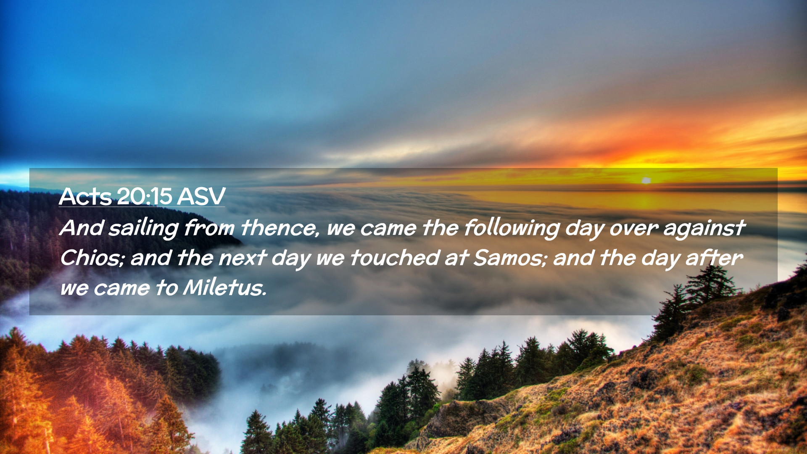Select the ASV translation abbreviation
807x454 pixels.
[201, 196]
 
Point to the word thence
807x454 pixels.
[279, 228]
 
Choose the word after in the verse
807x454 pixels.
[714, 258]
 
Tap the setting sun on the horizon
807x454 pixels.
[646, 180]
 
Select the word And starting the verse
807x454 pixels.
[82, 228]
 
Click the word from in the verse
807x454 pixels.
[209, 228]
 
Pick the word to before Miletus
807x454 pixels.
[166, 288]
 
